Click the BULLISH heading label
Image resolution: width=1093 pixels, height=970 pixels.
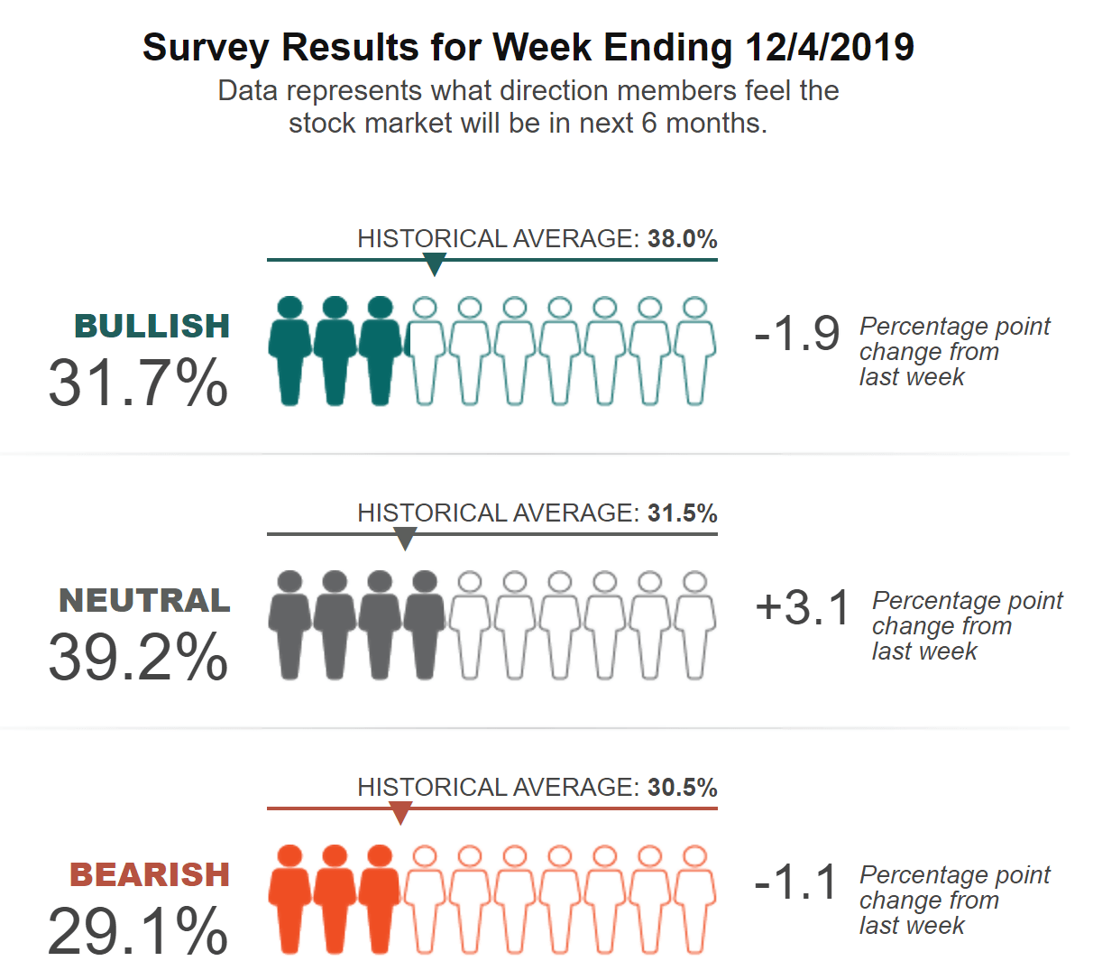[152, 326]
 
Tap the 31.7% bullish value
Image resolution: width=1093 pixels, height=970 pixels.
[138, 383]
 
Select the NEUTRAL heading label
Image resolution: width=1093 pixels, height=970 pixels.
[144, 600]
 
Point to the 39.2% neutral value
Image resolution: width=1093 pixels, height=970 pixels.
[138, 657]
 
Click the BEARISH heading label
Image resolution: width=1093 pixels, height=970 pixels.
[150, 874]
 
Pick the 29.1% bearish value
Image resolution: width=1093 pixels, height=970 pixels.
[138, 931]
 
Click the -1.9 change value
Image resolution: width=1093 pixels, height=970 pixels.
[797, 334]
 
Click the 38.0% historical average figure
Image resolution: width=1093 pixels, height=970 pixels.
[682, 239]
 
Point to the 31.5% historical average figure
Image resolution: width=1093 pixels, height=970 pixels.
[682, 513]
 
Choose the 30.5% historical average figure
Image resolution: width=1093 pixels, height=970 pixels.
[682, 788]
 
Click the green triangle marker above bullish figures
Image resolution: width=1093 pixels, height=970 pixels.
[435, 264]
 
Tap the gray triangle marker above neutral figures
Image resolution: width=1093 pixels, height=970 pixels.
[406, 539]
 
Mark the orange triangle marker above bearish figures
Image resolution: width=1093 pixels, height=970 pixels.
[400, 813]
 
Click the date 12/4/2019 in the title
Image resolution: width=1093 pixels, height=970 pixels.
[830, 48]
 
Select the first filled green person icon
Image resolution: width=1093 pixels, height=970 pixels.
[289, 352]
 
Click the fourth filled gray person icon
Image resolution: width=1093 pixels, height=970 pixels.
[424, 625]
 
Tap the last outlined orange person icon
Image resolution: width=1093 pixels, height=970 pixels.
[694, 900]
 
